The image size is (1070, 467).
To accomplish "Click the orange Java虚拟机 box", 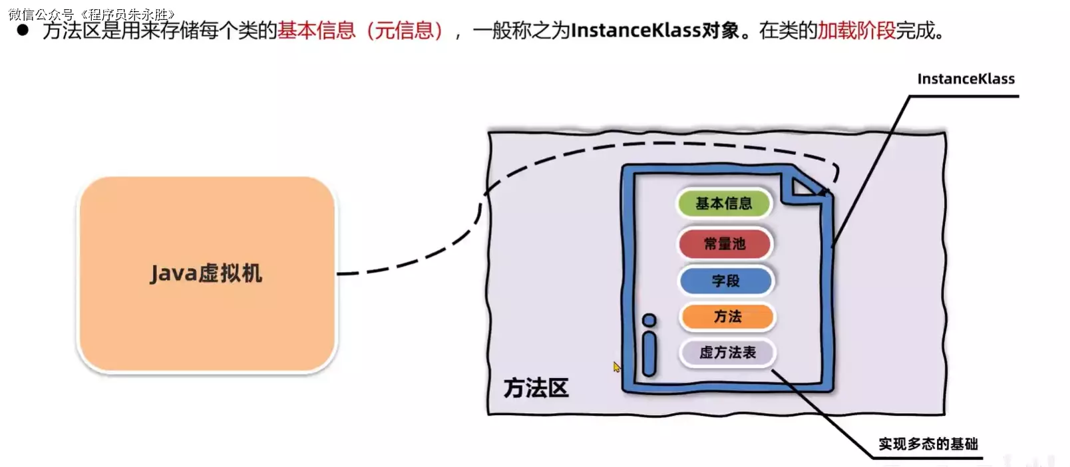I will (x=206, y=273).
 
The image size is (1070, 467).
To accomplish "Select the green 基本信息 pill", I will (x=723, y=204).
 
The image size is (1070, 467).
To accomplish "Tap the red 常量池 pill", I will (x=725, y=244).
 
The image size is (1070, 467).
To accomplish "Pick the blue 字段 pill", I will (x=725, y=281).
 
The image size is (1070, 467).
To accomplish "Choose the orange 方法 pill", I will (x=727, y=317).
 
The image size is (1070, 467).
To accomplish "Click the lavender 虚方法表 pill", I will (x=727, y=353).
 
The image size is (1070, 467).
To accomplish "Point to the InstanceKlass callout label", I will (x=966, y=79).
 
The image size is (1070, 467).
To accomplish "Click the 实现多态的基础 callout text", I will (x=928, y=444).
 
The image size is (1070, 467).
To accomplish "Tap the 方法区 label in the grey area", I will (x=536, y=388).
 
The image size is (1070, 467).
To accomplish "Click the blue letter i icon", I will (x=649, y=346).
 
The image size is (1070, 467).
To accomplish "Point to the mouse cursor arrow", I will (x=617, y=367).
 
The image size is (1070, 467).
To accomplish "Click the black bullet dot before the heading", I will (x=23, y=30).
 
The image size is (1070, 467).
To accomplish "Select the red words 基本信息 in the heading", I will (x=317, y=31).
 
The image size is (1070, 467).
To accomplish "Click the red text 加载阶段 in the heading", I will (x=856, y=31).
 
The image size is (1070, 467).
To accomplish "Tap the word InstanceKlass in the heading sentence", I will (x=635, y=31).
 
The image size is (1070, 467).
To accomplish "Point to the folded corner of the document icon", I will (x=805, y=187).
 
